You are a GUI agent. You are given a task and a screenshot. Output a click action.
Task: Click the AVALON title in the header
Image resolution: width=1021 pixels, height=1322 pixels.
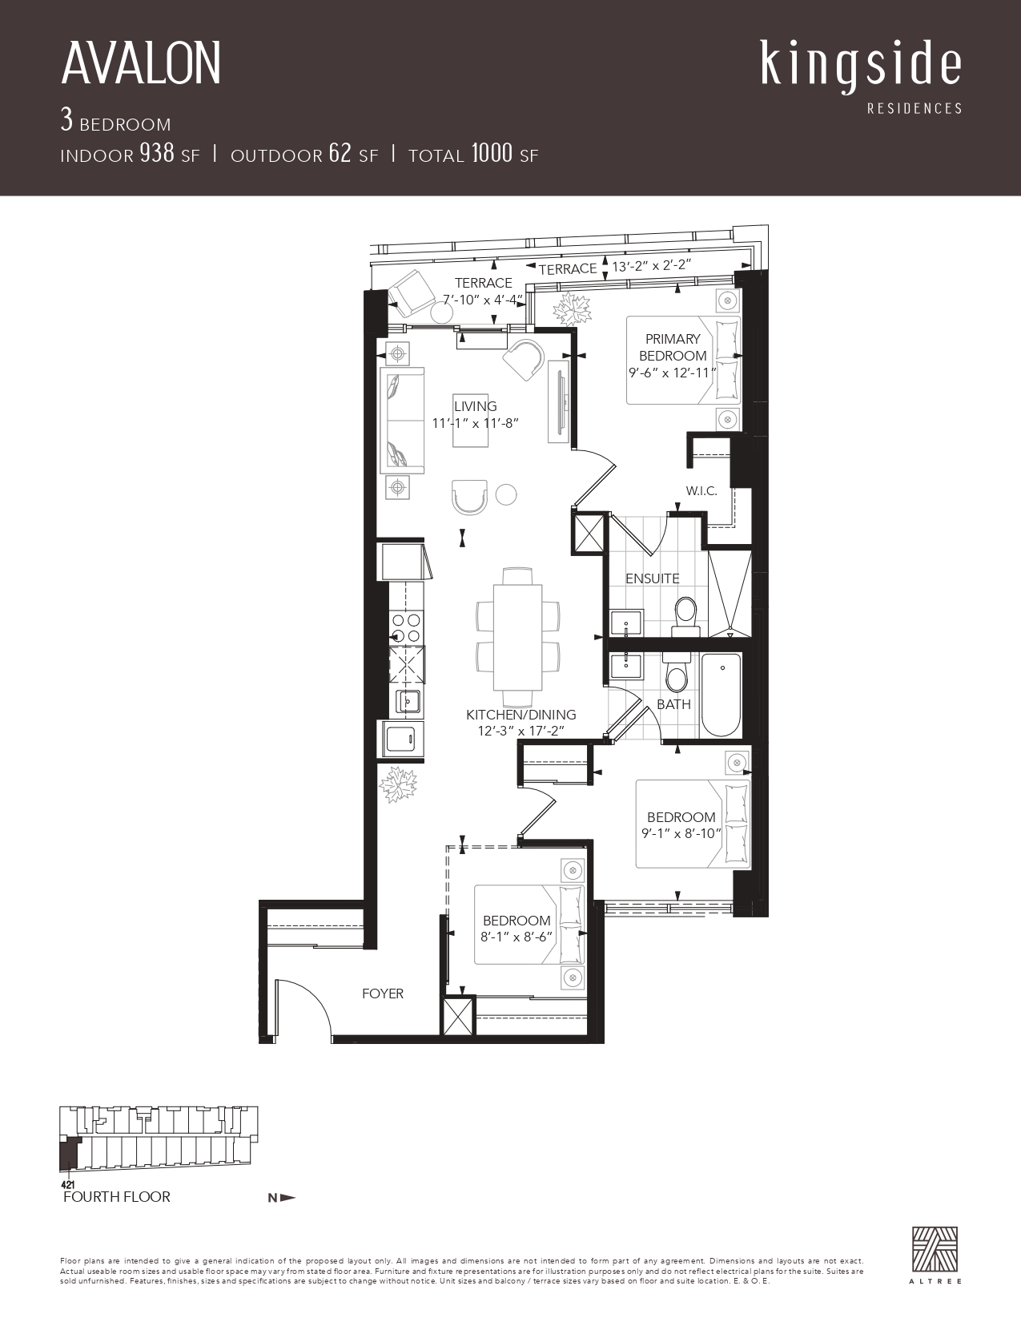140,63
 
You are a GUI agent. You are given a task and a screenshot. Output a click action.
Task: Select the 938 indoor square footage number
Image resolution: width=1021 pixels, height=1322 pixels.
157,153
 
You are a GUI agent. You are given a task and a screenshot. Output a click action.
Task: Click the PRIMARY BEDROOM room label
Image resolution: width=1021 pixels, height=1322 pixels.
673,348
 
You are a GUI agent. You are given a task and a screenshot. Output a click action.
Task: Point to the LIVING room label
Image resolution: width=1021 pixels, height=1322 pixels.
475,405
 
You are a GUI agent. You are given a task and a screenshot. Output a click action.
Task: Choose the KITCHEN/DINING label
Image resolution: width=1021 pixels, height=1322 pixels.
521,715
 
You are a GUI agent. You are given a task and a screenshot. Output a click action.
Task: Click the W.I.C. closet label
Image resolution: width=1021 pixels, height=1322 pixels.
701,490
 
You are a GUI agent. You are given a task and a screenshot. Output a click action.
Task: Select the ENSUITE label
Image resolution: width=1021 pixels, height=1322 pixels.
653,578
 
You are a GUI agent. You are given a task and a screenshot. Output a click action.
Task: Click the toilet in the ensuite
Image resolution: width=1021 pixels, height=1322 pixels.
686,615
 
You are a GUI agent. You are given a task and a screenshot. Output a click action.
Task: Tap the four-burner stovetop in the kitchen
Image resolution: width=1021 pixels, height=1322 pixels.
406,628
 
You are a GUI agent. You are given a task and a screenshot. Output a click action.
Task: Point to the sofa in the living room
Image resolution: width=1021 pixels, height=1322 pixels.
402,420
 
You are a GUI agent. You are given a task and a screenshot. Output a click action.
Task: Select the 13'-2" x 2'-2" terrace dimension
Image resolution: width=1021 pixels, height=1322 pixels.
652,266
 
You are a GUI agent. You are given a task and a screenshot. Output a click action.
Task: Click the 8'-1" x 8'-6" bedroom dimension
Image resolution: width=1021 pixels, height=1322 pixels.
517,937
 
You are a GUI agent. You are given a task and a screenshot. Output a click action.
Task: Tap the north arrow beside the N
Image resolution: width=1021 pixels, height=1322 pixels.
288,1198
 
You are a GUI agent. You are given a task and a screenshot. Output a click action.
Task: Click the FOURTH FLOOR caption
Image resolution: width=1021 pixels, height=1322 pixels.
117,1197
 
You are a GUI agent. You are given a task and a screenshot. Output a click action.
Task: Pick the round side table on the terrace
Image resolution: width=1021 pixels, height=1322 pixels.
442,312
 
